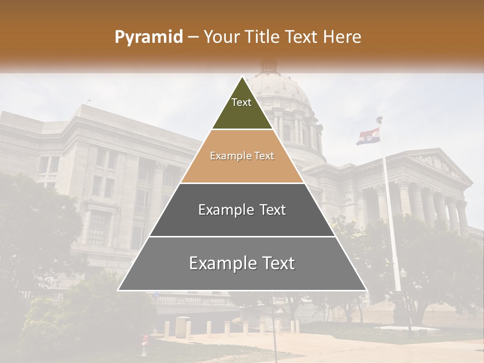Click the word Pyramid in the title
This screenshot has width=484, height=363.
coord(148,37)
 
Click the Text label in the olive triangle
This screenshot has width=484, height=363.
coord(241,102)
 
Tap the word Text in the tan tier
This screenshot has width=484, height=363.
coord(264,156)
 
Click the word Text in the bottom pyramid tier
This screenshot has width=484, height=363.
coord(275,263)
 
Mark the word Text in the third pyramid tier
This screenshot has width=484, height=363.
coord(271,210)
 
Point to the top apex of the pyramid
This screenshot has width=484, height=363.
coord(242,77)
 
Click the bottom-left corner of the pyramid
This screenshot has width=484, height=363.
coord(118,290)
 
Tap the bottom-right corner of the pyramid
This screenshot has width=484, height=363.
coord(366,290)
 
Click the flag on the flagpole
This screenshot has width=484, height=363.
coord(368,136)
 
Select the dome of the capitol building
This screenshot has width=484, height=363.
coord(280,88)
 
